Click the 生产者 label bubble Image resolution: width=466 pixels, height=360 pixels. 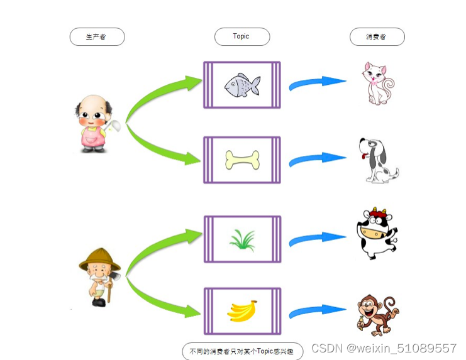97,37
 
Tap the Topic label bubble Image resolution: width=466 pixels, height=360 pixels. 241,36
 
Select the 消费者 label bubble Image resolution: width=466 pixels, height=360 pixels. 377,37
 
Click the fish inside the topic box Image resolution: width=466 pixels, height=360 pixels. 242,84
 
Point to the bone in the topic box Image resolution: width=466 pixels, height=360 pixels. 242,160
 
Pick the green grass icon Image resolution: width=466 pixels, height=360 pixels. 242,239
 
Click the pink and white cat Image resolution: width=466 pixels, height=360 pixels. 377,83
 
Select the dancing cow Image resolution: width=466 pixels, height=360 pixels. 375,233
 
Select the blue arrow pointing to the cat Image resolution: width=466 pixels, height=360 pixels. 317,83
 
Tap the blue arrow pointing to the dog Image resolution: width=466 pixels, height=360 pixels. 317,159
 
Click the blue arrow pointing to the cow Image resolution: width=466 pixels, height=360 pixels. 317,239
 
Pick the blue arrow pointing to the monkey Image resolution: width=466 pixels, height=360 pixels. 317,310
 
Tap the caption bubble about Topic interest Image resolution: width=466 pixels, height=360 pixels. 242,351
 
